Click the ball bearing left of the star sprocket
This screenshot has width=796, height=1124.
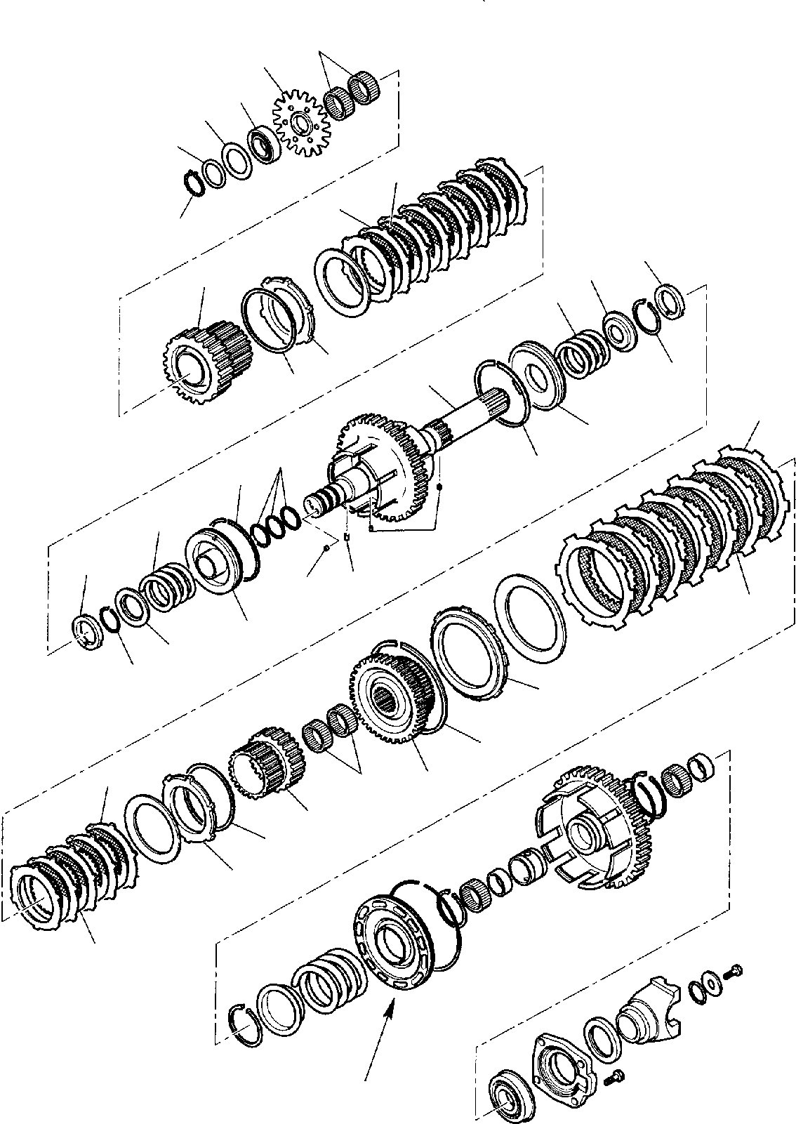click(x=267, y=144)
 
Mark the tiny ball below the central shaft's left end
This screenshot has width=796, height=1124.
click(x=326, y=549)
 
